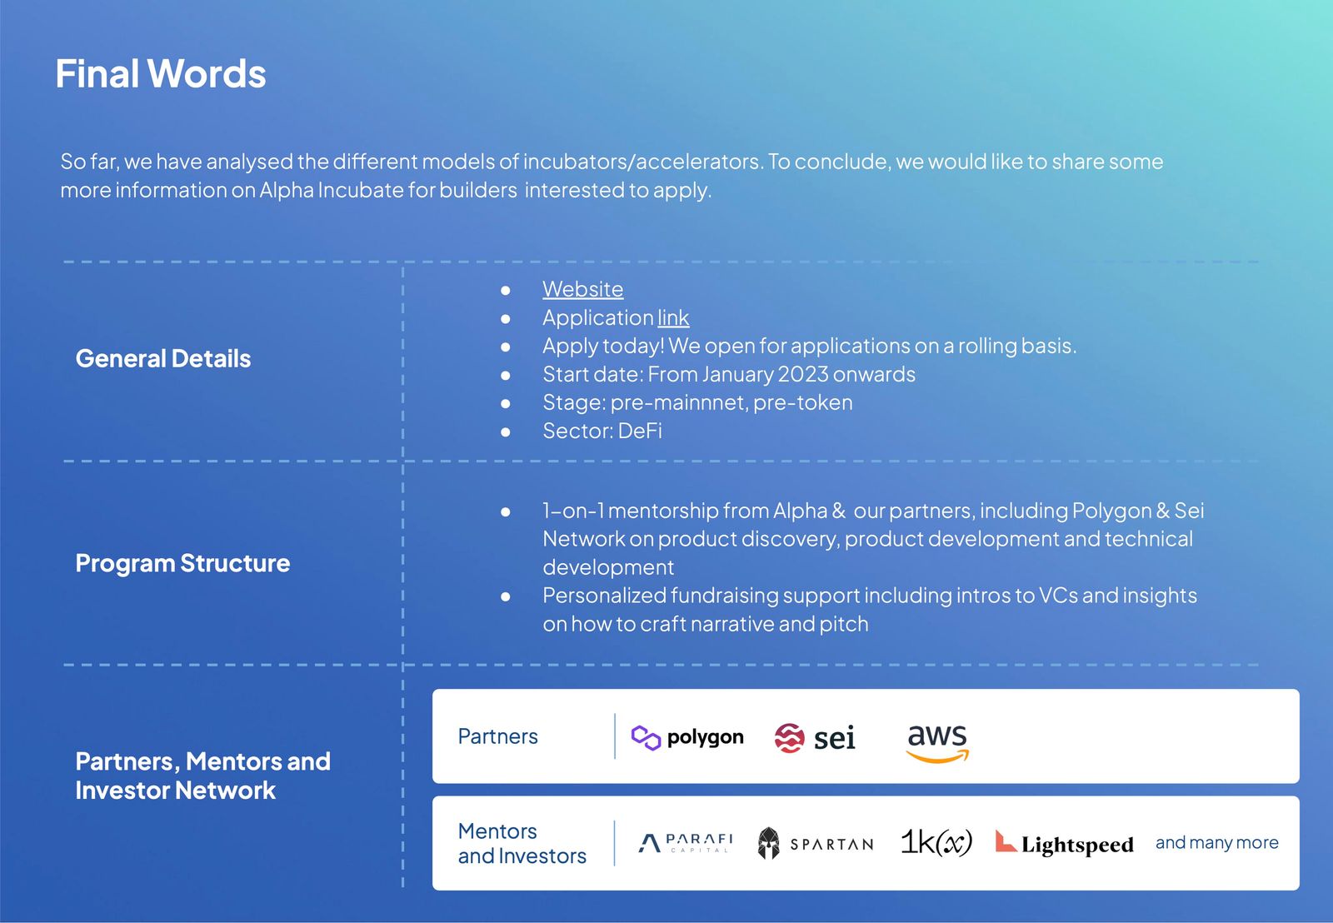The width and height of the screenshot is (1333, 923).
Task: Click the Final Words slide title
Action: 161,74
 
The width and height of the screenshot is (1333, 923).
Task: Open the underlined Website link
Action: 582,289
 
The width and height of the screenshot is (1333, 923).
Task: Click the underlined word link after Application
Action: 673,317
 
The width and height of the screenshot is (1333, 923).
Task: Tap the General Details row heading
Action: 163,358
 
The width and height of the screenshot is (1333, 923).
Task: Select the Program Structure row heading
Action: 182,563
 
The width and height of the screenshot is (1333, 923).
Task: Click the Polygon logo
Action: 687,737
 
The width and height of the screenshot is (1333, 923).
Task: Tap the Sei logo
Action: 815,737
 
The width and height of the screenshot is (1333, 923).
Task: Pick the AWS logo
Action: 937,741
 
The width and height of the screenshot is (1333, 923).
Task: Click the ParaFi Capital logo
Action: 686,843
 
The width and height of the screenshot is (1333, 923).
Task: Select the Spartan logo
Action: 816,843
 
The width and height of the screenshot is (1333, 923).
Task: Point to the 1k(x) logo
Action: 936,842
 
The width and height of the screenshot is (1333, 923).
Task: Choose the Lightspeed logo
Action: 1064,844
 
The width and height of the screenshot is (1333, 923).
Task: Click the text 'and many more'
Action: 1216,842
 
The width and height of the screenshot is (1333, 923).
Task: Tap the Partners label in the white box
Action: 497,736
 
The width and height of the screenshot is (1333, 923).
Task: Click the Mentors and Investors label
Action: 522,843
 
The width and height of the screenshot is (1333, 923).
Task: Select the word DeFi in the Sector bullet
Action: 640,431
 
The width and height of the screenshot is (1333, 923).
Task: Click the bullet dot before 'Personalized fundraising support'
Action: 506,596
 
